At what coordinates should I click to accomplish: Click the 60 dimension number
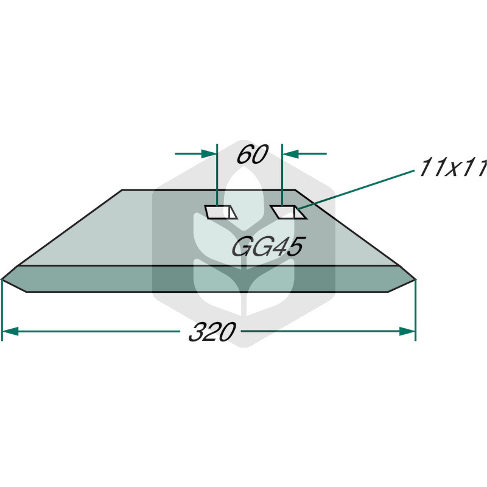point(252,155)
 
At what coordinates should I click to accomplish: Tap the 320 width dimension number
point(212,332)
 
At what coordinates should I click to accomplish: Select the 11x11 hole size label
point(453,168)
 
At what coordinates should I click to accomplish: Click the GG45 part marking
point(268,247)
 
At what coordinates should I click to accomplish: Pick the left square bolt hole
point(221,212)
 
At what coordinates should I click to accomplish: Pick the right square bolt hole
point(288,212)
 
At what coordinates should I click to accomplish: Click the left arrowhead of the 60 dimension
point(209,153)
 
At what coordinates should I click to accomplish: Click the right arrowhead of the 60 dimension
point(290,153)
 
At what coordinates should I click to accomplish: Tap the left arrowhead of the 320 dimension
point(10,331)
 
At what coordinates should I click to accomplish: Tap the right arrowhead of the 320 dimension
point(407,331)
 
